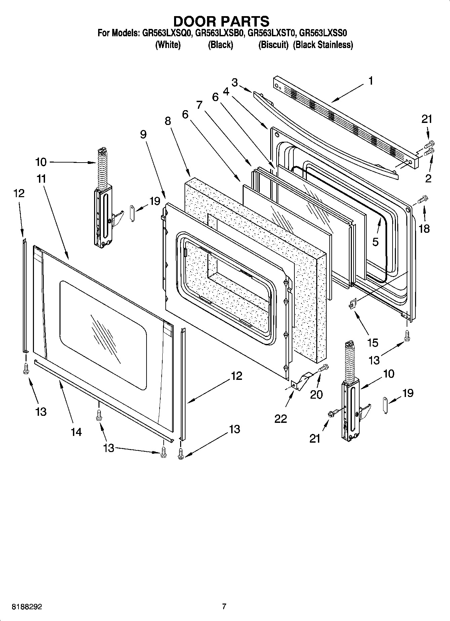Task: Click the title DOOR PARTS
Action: pos(221,21)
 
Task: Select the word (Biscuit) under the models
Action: pos(273,45)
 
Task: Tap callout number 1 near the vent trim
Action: pos(370,81)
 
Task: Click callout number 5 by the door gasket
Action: pos(375,241)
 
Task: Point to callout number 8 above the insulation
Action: pos(168,121)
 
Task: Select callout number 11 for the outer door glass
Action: pos(41,179)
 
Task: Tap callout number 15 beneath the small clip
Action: pos(373,343)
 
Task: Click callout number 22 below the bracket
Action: pos(281,418)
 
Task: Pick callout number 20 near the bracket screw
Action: pos(316,394)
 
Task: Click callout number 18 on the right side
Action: pos(424,229)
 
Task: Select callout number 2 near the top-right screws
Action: pos(428,178)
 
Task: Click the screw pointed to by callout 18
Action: pos(422,199)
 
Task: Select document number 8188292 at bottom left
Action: pos(27,607)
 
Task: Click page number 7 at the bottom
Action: pos(224,606)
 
